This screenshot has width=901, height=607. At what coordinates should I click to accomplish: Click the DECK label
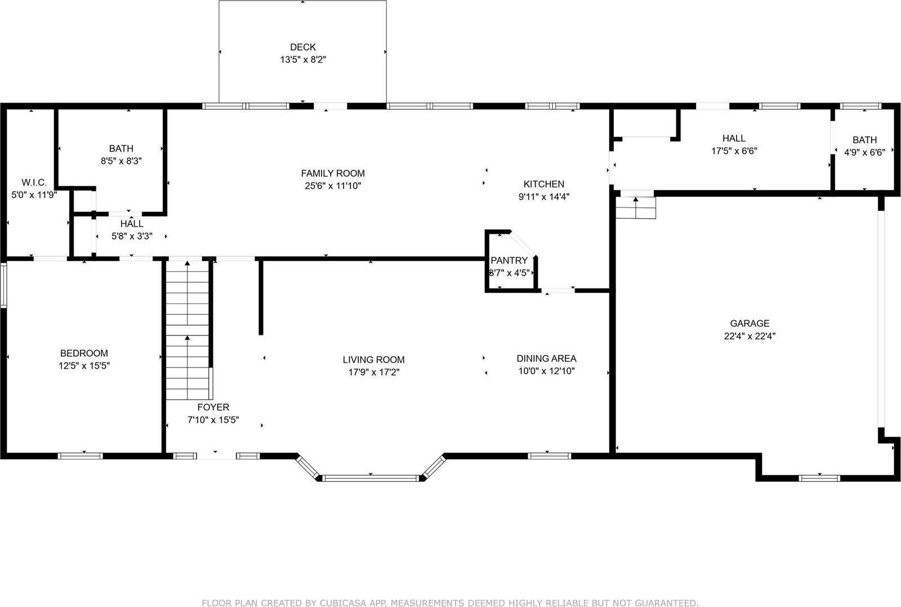(x=302, y=47)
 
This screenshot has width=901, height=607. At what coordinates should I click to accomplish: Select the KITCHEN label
(x=543, y=184)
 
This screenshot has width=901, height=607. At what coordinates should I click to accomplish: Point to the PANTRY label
(x=509, y=260)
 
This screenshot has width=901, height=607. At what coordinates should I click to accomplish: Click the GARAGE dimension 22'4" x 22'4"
(x=750, y=336)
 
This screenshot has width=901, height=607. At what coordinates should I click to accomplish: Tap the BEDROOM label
(x=84, y=353)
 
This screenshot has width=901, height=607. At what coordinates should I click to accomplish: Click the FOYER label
(x=213, y=407)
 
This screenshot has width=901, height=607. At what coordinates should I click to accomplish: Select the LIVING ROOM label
(x=373, y=360)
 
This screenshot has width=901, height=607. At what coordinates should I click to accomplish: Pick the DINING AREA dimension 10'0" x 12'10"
(x=546, y=371)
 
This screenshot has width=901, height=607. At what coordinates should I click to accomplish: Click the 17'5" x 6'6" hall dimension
(x=734, y=151)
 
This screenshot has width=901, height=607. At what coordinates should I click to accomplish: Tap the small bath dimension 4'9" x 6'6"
(x=864, y=152)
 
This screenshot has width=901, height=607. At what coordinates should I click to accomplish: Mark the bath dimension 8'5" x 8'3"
(x=121, y=161)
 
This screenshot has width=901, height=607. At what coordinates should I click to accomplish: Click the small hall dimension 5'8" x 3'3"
(x=131, y=237)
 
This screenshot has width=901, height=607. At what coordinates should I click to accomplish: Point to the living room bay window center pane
(x=372, y=478)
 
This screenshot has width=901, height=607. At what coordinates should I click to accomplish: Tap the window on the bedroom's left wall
(x=3, y=286)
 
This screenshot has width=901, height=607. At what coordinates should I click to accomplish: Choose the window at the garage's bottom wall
(x=819, y=478)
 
